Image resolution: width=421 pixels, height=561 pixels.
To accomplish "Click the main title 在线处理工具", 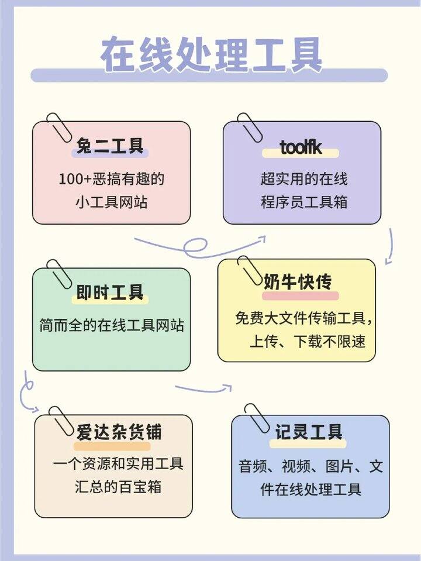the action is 211,54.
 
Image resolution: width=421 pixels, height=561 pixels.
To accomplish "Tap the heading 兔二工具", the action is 110,146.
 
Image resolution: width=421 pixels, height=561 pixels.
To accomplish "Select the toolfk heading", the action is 301,147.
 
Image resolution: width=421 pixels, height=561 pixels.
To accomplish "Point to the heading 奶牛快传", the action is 298,281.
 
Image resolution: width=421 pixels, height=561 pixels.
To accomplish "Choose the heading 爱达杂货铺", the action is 119,432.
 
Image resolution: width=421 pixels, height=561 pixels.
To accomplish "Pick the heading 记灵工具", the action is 309,432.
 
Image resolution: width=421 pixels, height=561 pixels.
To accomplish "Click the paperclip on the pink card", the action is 60,128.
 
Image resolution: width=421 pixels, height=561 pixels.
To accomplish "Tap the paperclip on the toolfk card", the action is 250,128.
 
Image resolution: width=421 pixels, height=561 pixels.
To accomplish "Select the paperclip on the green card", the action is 60,274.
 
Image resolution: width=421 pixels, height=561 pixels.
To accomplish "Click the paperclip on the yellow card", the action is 250,270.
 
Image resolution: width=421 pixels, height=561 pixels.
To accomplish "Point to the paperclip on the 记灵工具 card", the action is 257,419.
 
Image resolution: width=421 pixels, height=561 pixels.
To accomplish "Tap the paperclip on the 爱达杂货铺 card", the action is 61,421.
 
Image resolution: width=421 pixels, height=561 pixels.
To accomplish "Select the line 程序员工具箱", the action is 304,202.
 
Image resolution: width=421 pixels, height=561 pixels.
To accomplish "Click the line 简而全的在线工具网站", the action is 112,325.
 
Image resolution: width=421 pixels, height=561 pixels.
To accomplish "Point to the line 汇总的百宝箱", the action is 118,486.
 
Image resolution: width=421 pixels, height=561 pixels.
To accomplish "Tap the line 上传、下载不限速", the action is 308,341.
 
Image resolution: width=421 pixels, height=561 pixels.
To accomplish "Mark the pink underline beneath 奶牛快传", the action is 301,296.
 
